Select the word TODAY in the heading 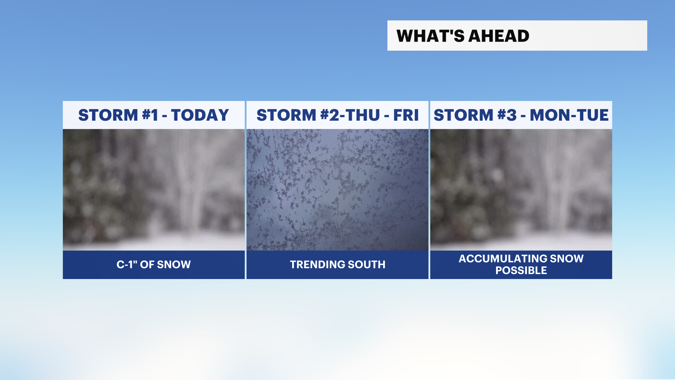[200, 115]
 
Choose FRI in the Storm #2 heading [406, 115]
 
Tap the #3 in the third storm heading [507, 115]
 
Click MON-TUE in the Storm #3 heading [569, 115]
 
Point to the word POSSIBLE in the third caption [521, 270]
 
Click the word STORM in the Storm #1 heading [108, 115]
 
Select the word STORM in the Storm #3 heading [464, 115]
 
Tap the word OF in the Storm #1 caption [147, 264]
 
